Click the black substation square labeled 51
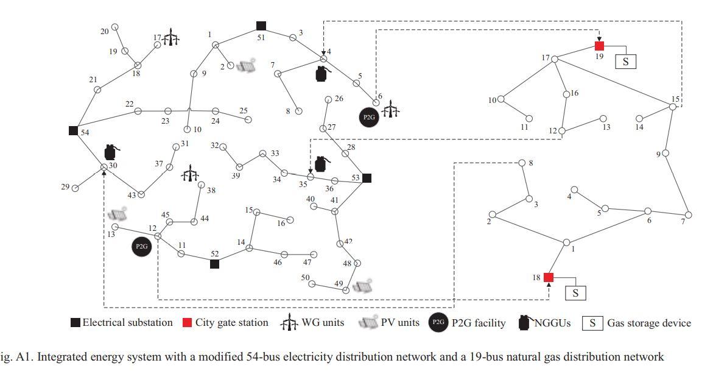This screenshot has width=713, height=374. pyautogui.click(x=261, y=26)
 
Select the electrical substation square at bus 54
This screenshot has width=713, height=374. pyautogui.click(x=73, y=130)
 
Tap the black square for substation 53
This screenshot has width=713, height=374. pyautogui.click(x=367, y=178)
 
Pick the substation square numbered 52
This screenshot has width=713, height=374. pyautogui.click(x=214, y=264)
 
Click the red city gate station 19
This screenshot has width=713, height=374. pyautogui.click(x=599, y=46)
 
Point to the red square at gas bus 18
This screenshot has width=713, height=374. pyautogui.click(x=548, y=278)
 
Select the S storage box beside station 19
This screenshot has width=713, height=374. pyautogui.click(x=625, y=61)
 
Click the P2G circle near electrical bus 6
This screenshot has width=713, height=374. pyautogui.click(x=369, y=117)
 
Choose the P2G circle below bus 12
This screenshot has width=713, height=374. pyautogui.click(x=141, y=247)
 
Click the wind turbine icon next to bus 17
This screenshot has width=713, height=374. pyautogui.click(x=172, y=38)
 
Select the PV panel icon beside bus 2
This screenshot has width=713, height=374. pyautogui.click(x=246, y=66)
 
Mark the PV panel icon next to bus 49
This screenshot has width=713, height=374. pyautogui.click(x=363, y=286)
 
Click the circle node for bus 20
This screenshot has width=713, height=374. pyautogui.click(x=114, y=27)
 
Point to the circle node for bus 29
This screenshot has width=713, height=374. pyautogui.click(x=75, y=188)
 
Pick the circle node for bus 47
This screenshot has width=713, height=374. pyautogui.click(x=314, y=255)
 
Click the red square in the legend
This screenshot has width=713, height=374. pyautogui.click(x=188, y=323)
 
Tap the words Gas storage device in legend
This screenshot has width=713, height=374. pyautogui.click(x=648, y=323)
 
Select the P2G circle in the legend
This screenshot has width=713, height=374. pyautogui.click(x=438, y=323)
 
